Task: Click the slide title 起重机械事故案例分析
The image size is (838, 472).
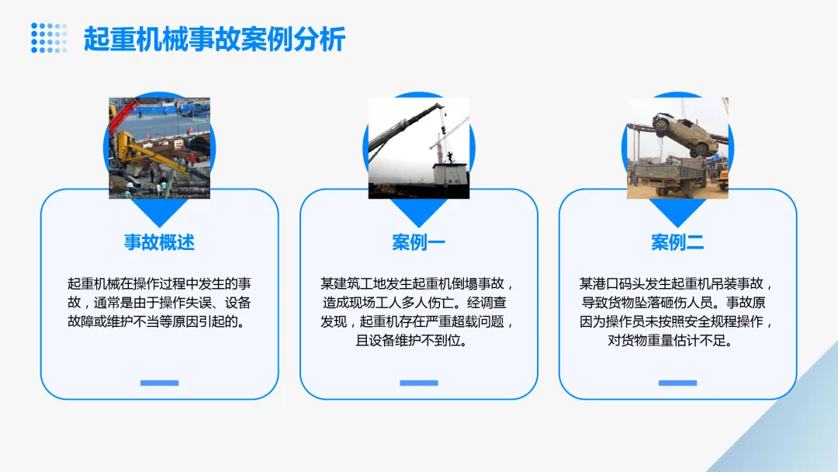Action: click(x=214, y=40)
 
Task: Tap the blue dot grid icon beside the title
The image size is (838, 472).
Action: click(x=49, y=38)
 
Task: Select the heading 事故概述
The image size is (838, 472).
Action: click(x=159, y=242)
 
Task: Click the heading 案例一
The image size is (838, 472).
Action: click(x=418, y=242)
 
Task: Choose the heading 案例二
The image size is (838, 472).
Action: click(x=677, y=242)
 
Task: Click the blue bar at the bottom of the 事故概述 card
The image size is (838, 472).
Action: click(x=159, y=383)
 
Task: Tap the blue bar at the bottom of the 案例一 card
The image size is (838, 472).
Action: click(x=418, y=383)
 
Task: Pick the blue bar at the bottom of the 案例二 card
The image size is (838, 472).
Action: click(x=677, y=383)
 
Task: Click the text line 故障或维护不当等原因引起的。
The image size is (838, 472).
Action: click(x=159, y=321)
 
